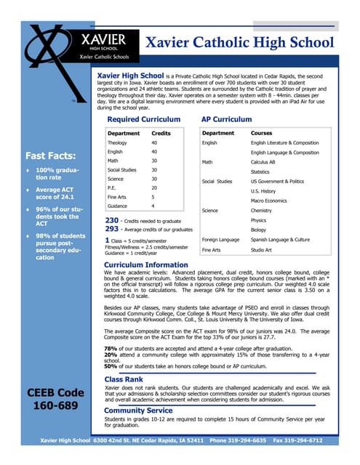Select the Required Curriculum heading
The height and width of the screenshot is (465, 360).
(x=143, y=119)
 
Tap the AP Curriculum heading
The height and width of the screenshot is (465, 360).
(x=226, y=119)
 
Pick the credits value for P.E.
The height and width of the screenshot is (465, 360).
(x=154, y=187)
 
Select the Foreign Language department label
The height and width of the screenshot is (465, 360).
(x=220, y=238)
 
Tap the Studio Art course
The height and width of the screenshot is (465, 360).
(x=263, y=249)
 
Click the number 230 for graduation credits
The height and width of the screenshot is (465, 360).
(x=111, y=219)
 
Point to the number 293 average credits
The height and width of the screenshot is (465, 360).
(x=111, y=229)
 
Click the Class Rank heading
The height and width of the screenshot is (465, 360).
(x=123, y=379)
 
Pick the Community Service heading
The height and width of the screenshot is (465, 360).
(x=138, y=410)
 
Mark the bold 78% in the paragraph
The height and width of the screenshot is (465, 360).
(x=111, y=348)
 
